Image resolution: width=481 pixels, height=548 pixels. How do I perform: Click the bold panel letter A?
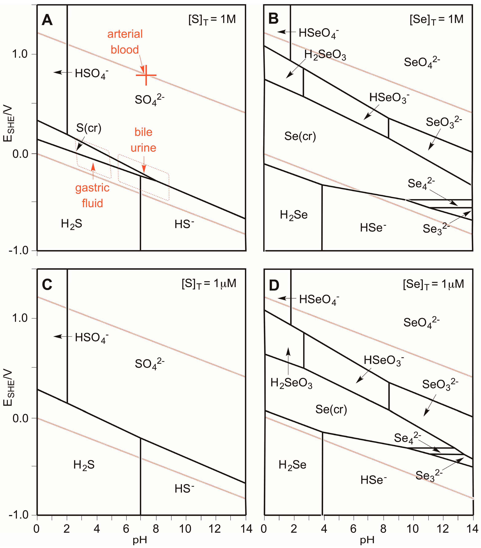(47, 20)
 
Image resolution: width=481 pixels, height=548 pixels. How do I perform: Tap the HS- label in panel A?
(184, 224)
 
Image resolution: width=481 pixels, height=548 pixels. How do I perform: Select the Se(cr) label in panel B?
(300, 136)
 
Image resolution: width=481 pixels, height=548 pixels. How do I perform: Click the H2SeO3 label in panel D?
(291, 383)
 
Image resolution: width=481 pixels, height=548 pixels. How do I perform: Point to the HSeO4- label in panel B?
(319, 33)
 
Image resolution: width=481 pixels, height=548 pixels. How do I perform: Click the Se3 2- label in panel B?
(436, 229)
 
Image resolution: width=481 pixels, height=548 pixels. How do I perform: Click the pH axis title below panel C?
(140, 540)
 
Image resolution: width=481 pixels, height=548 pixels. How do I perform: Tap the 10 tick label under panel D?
(413, 529)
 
